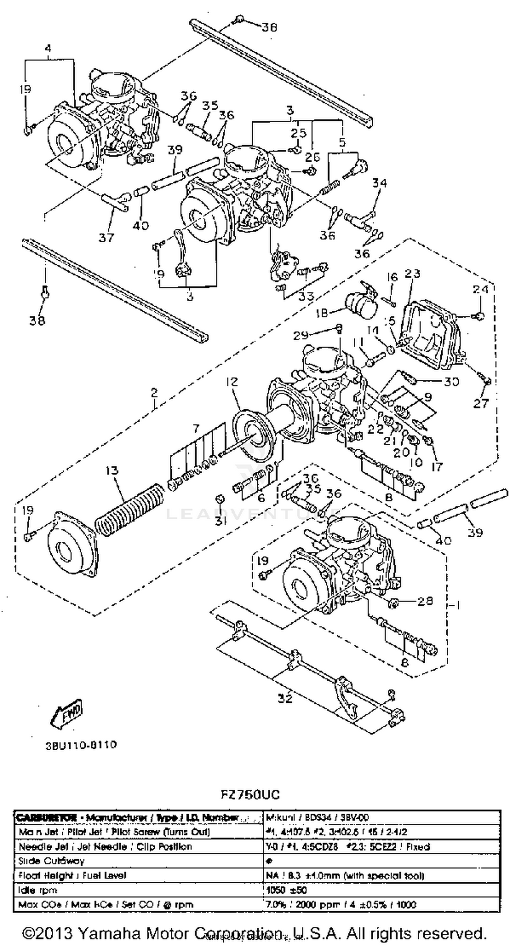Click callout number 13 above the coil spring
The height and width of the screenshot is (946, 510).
(x=112, y=470)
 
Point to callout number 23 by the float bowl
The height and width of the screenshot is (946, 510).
(x=412, y=274)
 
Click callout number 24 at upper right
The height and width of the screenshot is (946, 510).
(x=480, y=289)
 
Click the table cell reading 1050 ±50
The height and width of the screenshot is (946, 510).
(x=287, y=890)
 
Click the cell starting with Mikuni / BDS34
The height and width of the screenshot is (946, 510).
(x=317, y=817)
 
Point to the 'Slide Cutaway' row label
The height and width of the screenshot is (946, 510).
(x=51, y=861)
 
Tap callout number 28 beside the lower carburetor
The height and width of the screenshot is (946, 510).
(x=425, y=601)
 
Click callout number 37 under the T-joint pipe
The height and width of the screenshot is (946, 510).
(x=106, y=238)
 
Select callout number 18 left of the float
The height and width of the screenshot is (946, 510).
(x=321, y=313)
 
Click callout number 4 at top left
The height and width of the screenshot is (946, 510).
(x=48, y=48)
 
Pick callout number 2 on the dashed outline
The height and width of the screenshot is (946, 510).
(x=154, y=392)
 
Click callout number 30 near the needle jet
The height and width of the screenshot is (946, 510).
(x=451, y=381)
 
